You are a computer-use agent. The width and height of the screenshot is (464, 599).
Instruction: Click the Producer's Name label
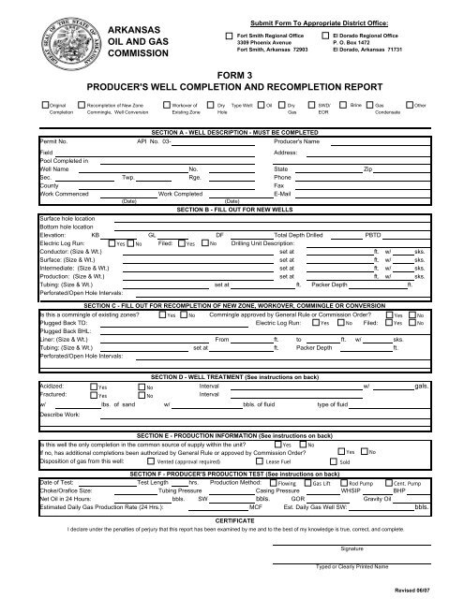pyautogui.click(x=302, y=140)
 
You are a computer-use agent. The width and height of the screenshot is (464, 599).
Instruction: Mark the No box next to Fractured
pyautogui.click(x=141, y=395)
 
